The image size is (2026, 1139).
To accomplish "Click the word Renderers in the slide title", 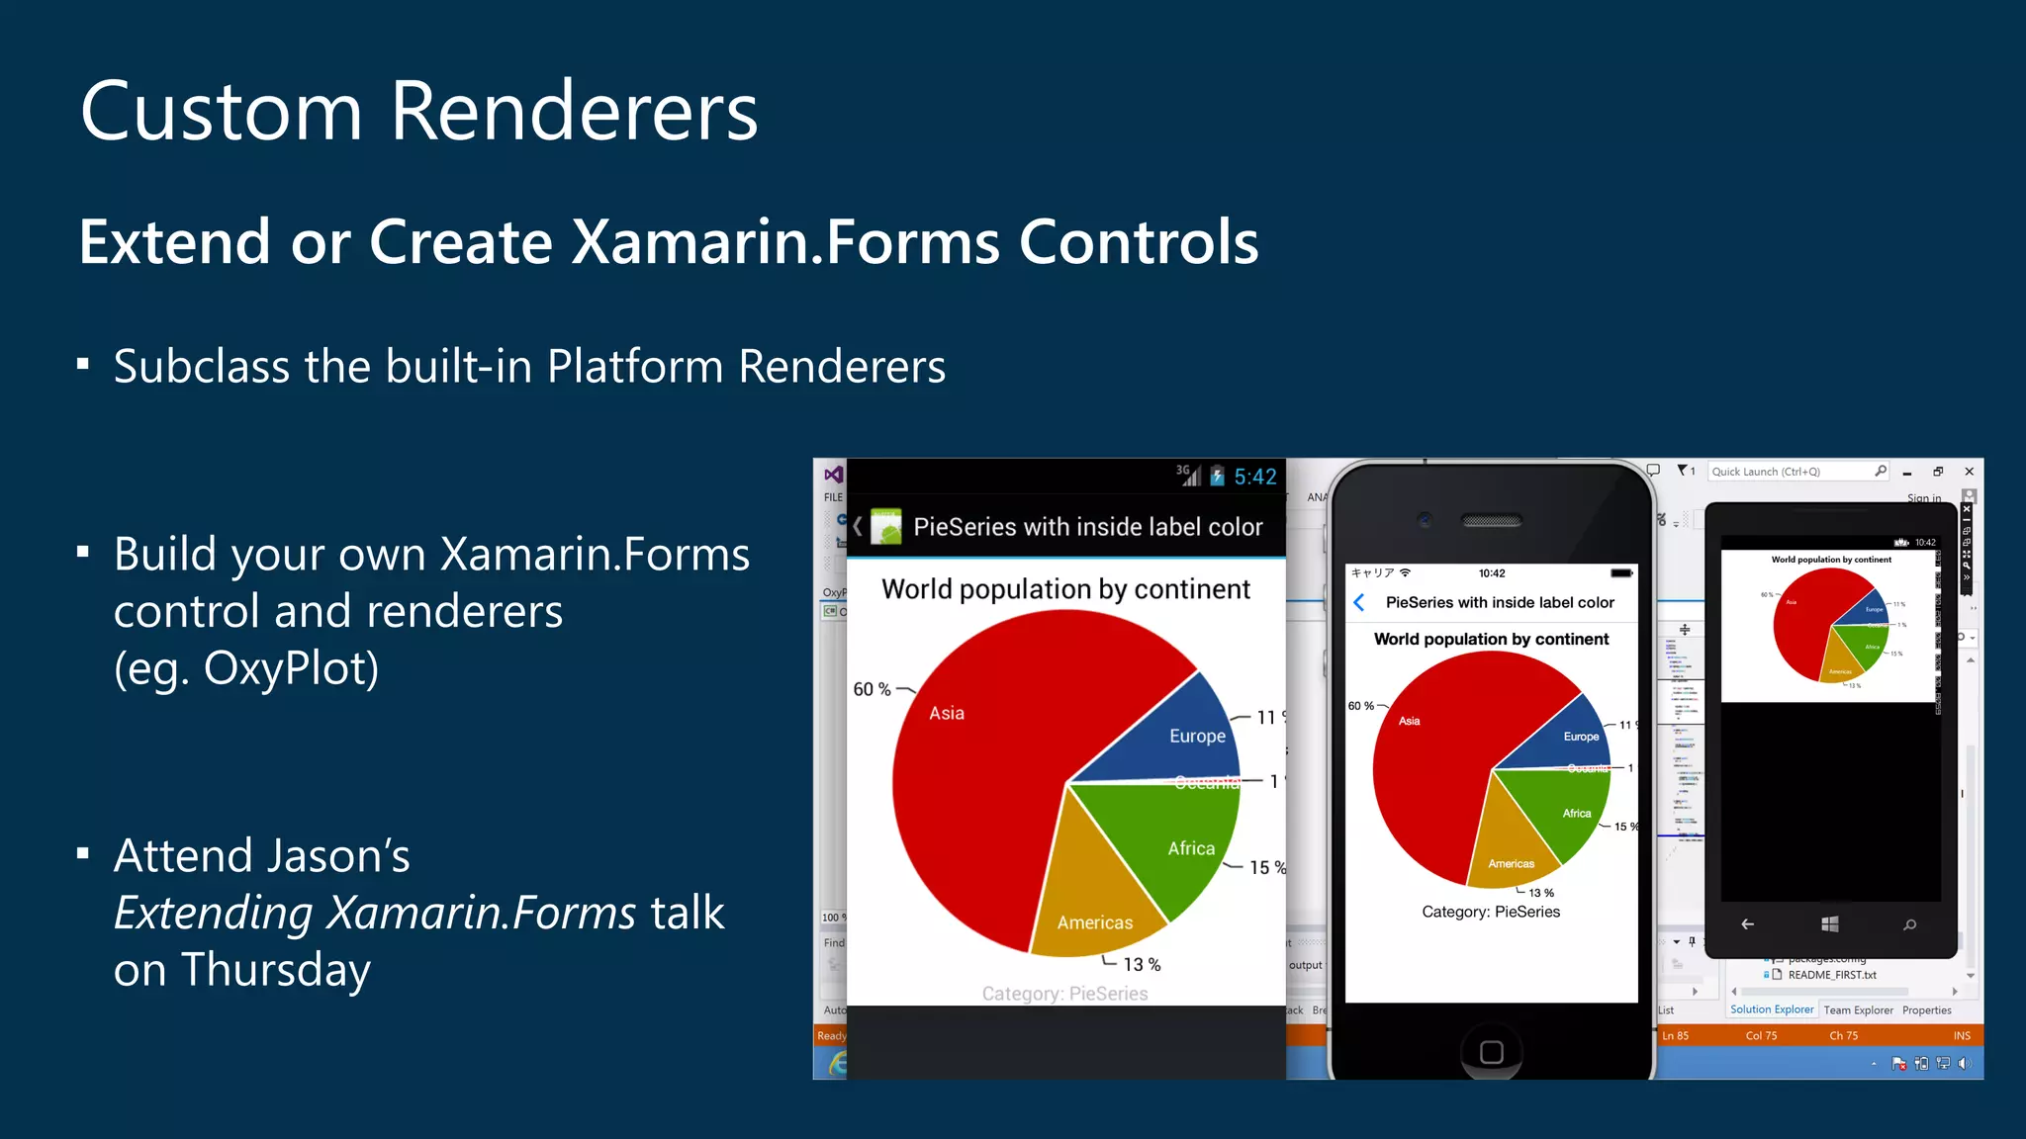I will (574, 111).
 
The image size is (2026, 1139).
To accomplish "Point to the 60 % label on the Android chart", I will (872, 689).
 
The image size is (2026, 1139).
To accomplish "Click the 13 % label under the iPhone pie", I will (1540, 893).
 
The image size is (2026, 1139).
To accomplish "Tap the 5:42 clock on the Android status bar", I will (1254, 478).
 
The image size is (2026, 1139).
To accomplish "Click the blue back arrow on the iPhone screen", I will (1359, 602).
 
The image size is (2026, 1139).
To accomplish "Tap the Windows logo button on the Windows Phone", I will (1829, 923).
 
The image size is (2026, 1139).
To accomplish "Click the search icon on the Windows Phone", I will (1909, 924).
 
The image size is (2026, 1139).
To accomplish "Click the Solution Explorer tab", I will (1771, 1009).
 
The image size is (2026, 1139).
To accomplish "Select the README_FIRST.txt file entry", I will (1831, 975).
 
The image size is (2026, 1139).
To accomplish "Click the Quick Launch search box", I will (1791, 472).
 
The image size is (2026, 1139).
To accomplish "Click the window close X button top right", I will (1969, 472).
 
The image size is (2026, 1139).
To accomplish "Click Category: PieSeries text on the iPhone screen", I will (1491, 912).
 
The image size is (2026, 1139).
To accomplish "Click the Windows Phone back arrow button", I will (1748, 924).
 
